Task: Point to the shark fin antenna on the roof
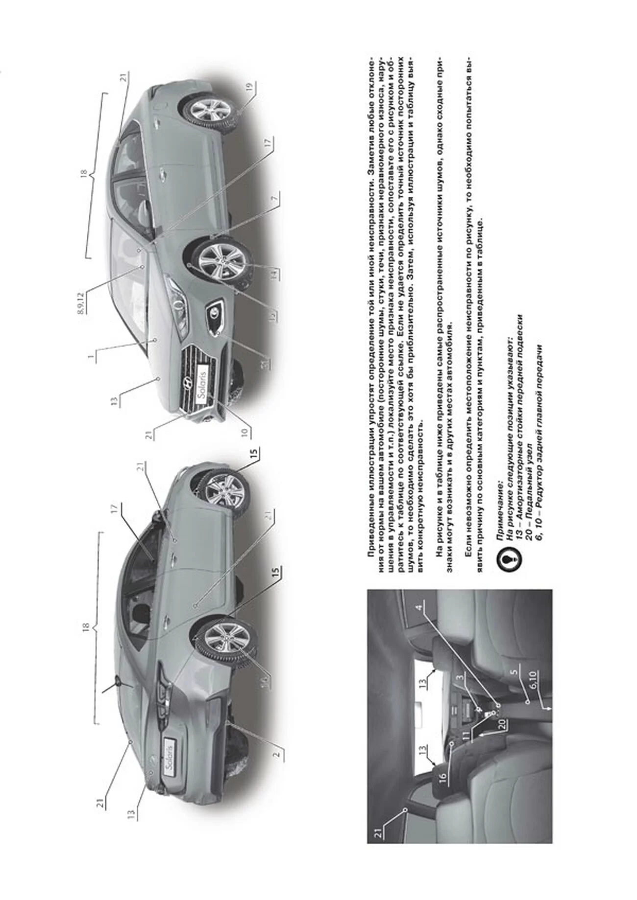tap(119, 682)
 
